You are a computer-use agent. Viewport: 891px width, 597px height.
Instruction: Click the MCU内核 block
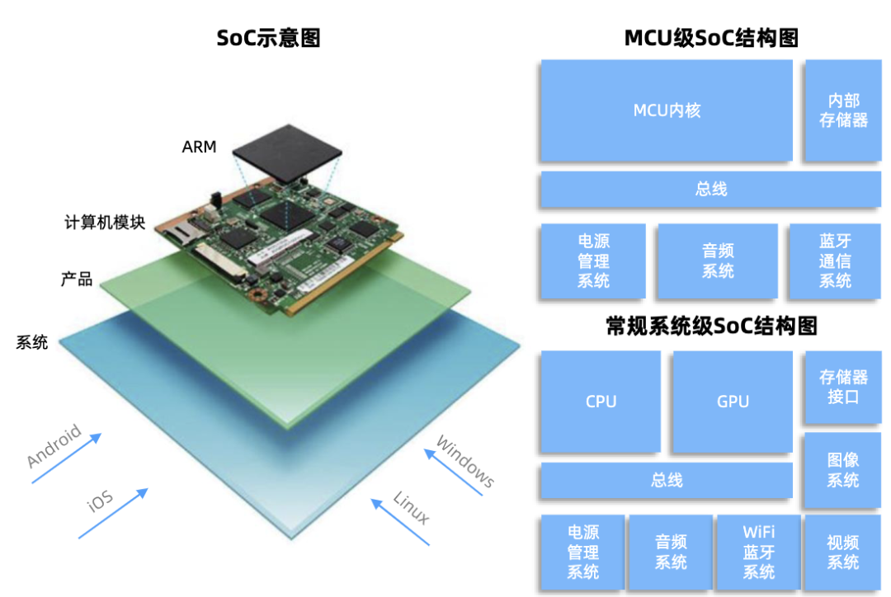667,110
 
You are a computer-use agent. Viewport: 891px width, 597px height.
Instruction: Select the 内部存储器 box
843,110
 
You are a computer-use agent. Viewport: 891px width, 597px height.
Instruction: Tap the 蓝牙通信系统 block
835,261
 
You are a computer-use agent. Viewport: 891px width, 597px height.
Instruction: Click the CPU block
601,401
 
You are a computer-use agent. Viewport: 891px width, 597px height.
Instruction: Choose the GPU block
733,401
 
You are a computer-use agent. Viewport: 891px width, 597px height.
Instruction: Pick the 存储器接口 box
843,386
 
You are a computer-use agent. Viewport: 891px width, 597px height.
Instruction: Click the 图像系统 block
843,470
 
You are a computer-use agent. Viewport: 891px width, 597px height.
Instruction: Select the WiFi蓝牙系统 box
759,552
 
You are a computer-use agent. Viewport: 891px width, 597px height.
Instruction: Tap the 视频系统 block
843,552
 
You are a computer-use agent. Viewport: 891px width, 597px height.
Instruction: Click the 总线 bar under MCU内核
711,189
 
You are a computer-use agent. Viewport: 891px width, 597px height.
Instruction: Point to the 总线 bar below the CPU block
667,481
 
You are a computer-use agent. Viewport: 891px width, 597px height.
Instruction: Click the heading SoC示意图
269,38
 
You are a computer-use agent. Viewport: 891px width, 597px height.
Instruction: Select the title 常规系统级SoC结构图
711,326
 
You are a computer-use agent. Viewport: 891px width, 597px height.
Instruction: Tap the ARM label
199,147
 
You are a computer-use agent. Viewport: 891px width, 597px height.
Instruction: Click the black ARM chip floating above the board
287,153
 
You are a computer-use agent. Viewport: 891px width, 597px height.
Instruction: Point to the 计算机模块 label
105,222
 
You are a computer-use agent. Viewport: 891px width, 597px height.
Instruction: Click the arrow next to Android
67,458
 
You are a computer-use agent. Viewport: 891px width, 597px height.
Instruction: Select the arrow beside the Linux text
400,522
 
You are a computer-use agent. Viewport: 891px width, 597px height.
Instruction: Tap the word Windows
465,461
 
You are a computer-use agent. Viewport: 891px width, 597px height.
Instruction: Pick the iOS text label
100,501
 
